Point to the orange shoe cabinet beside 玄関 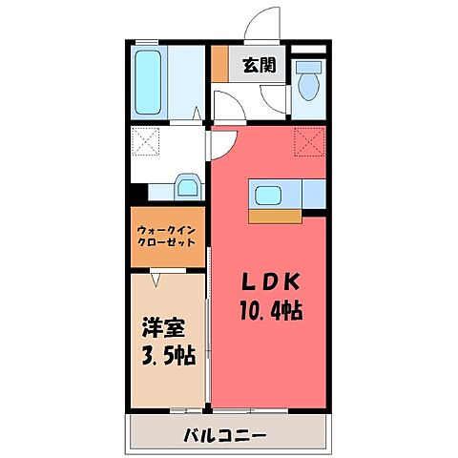219,65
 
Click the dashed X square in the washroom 149,144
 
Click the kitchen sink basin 265,197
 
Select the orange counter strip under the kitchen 274,217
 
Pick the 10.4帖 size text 269,311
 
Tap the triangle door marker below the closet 155,278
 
